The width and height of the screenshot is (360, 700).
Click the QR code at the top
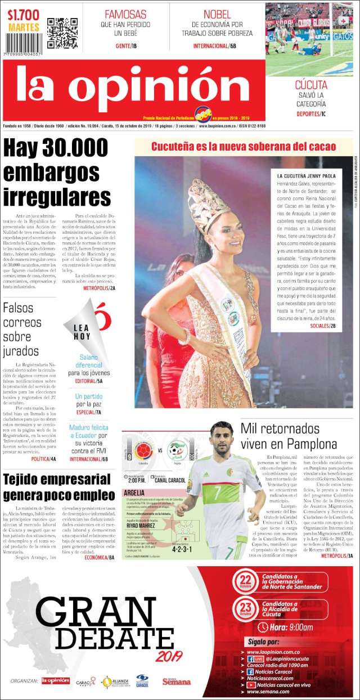click(x=62, y=33)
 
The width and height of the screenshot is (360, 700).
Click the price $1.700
click(x=24, y=15)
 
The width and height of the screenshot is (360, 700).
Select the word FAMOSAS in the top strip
click(x=125, y=14)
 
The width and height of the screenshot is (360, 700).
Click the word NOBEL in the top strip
click(x=217, y=14)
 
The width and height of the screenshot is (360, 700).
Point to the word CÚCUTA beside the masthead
click(x=311, y=85)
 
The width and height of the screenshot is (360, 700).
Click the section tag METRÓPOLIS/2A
click(x=99, y=288)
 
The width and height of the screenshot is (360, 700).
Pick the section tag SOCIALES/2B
click(x=322, y=326)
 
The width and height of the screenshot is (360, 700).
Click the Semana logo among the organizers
click(x=177, y=681)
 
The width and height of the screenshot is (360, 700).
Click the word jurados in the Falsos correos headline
click(x=21, y=351)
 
